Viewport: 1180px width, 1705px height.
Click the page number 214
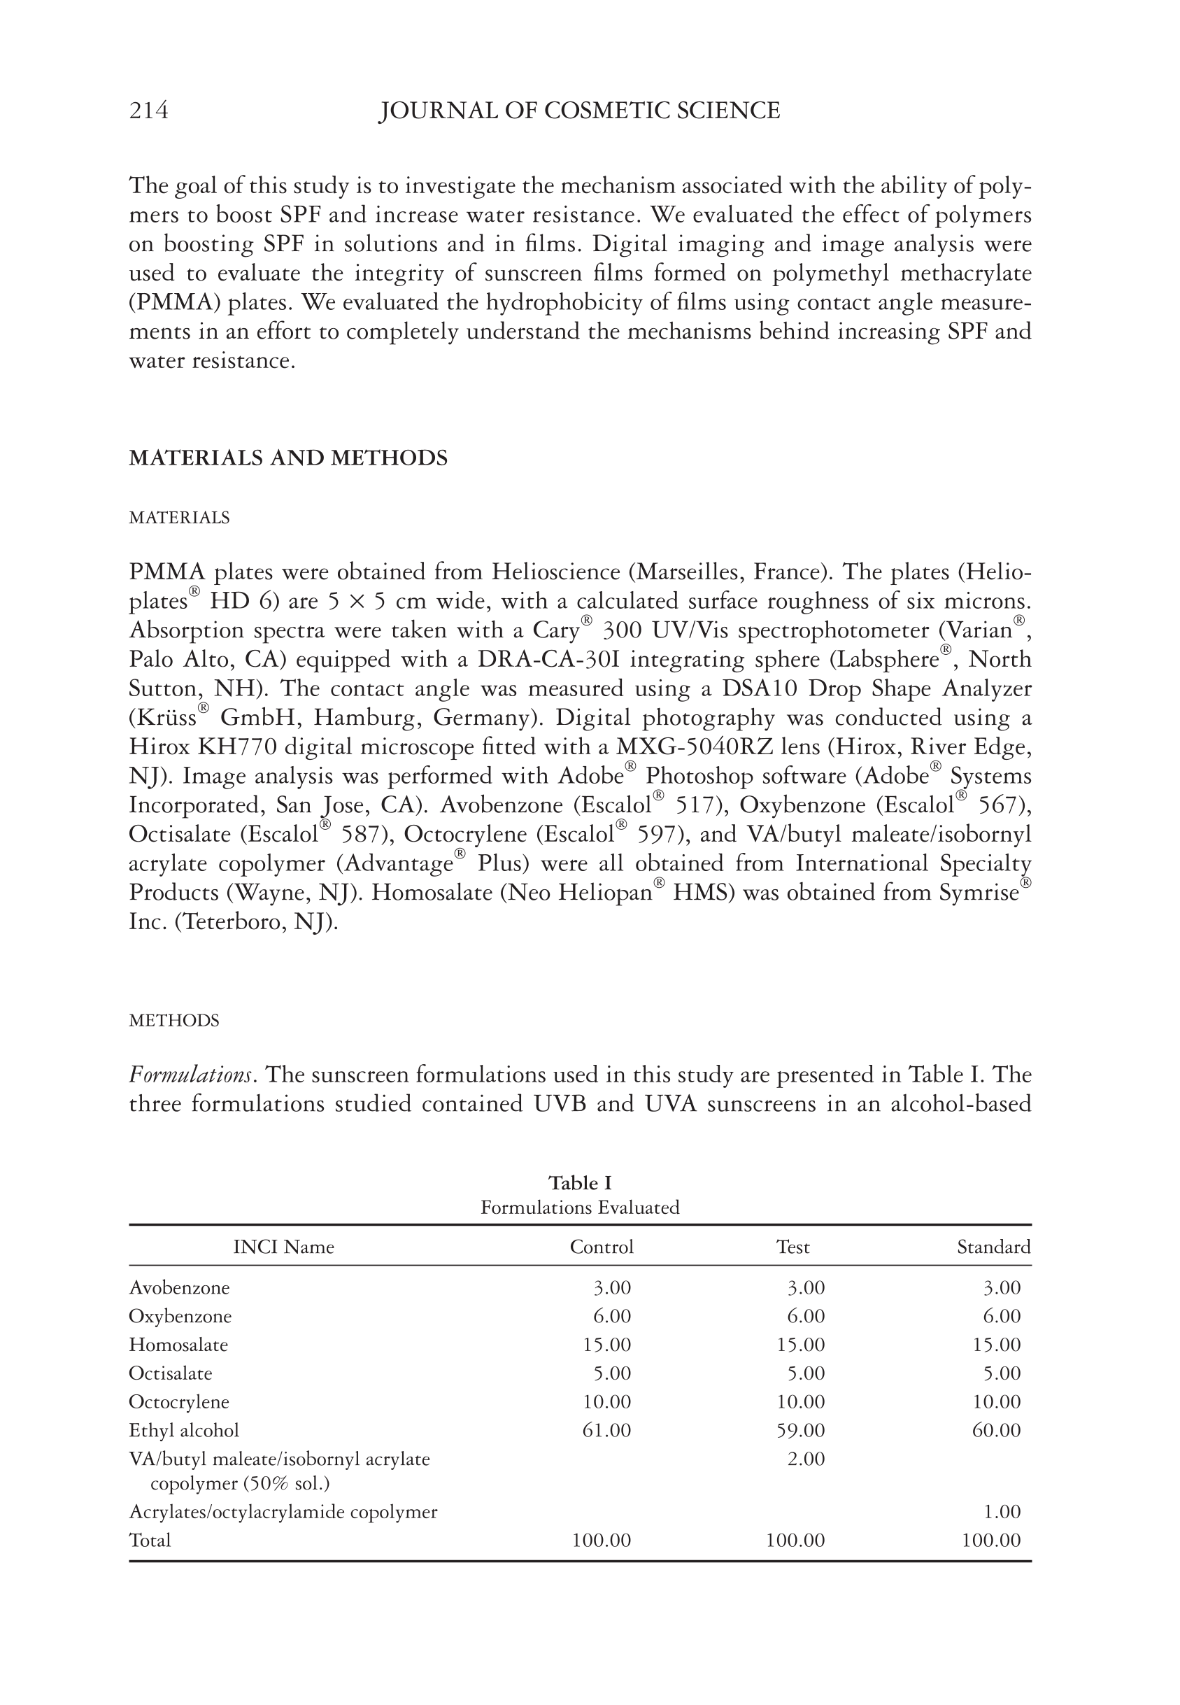(x=148, y=111)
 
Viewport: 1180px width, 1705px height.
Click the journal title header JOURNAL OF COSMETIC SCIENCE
(x=579, y=111)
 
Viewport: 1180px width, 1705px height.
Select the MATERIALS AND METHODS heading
(x=288, y=458)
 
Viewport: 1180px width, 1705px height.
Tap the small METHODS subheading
(x=173, y=1021)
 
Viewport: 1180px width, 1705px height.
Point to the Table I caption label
(x=580, y=1183)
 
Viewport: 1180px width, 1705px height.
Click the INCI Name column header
(x=283, y=1247)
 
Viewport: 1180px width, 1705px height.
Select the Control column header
(x=601, y=1247)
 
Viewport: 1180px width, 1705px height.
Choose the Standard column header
(x=993, y=1247)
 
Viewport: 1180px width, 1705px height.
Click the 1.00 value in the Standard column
(x=1002, y=1512)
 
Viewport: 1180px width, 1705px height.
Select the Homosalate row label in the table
(x=178, y=1344)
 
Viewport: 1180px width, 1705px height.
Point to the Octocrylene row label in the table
(x=179, y=1402)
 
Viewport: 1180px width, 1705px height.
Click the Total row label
(x=150, y=1540)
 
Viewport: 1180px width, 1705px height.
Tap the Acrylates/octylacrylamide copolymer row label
(x=283, y=1512)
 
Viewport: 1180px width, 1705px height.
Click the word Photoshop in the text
(x=695, y=777)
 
